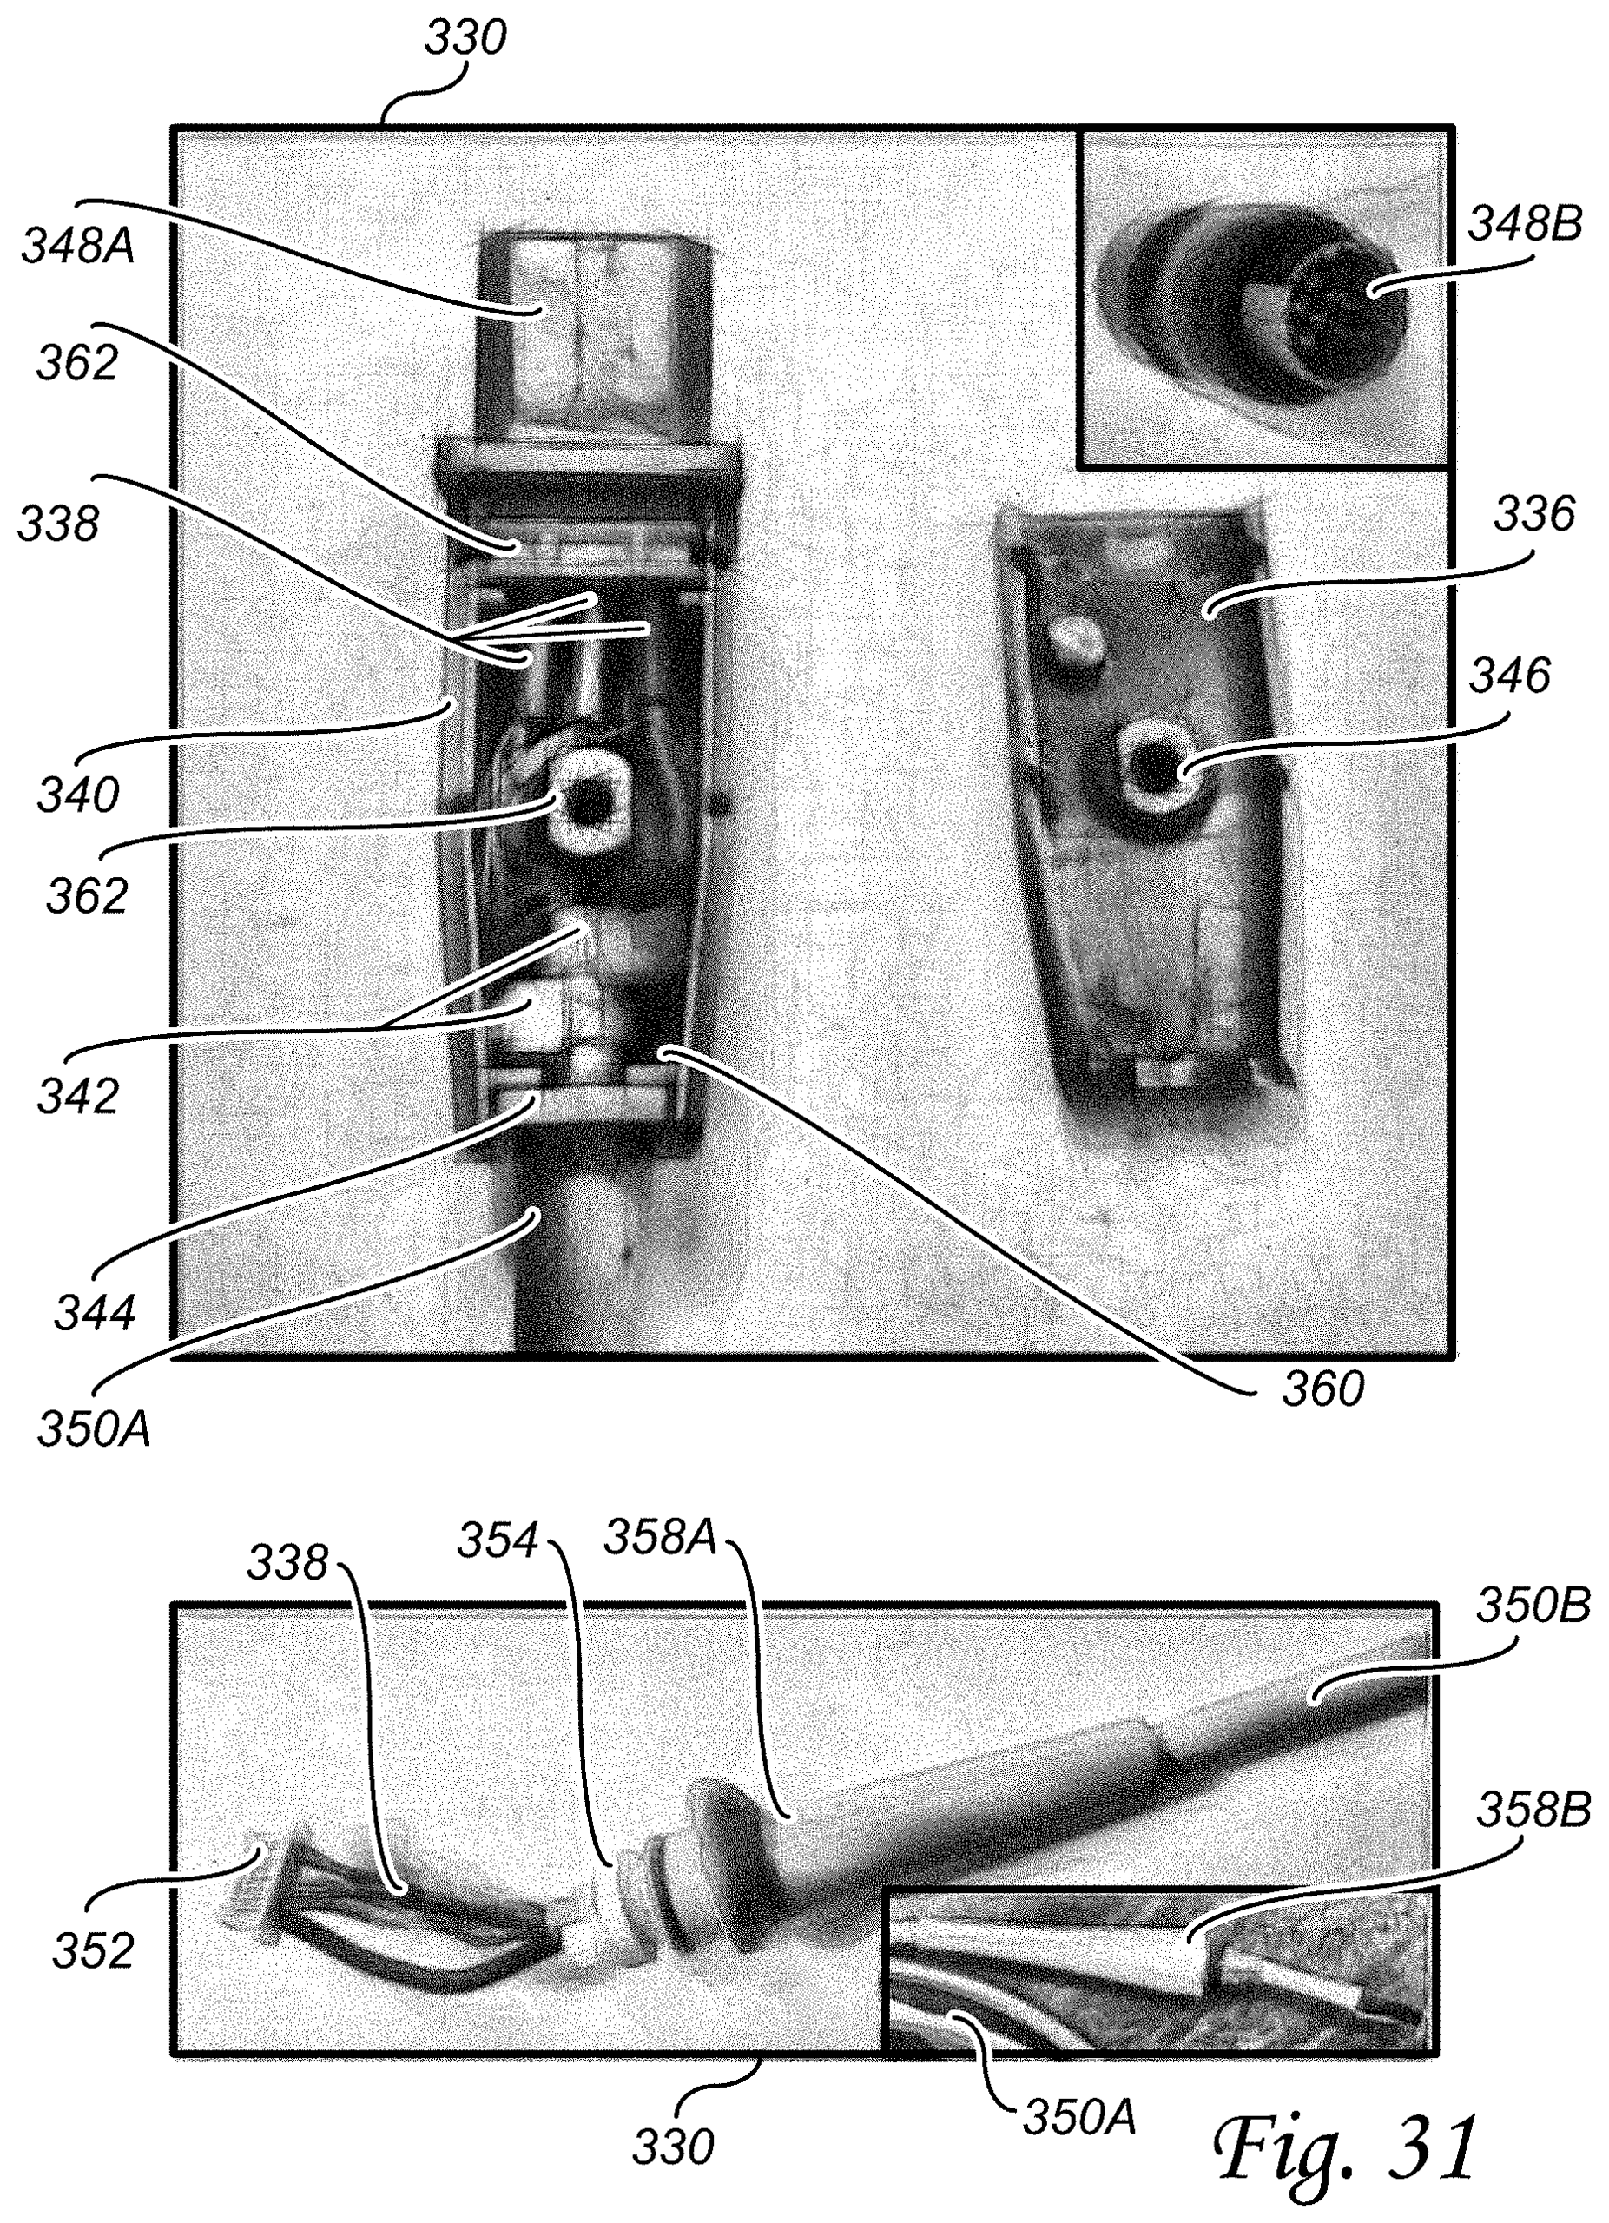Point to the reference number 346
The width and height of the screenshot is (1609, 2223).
(x=1509, y=676)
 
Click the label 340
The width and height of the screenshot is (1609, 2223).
(x=78, y=795)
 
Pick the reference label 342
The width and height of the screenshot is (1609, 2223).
(x=78, y=1096)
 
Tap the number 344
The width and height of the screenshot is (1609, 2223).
(x=95, y=1312)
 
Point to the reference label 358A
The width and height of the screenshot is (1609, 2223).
(x=662, y=1538)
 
